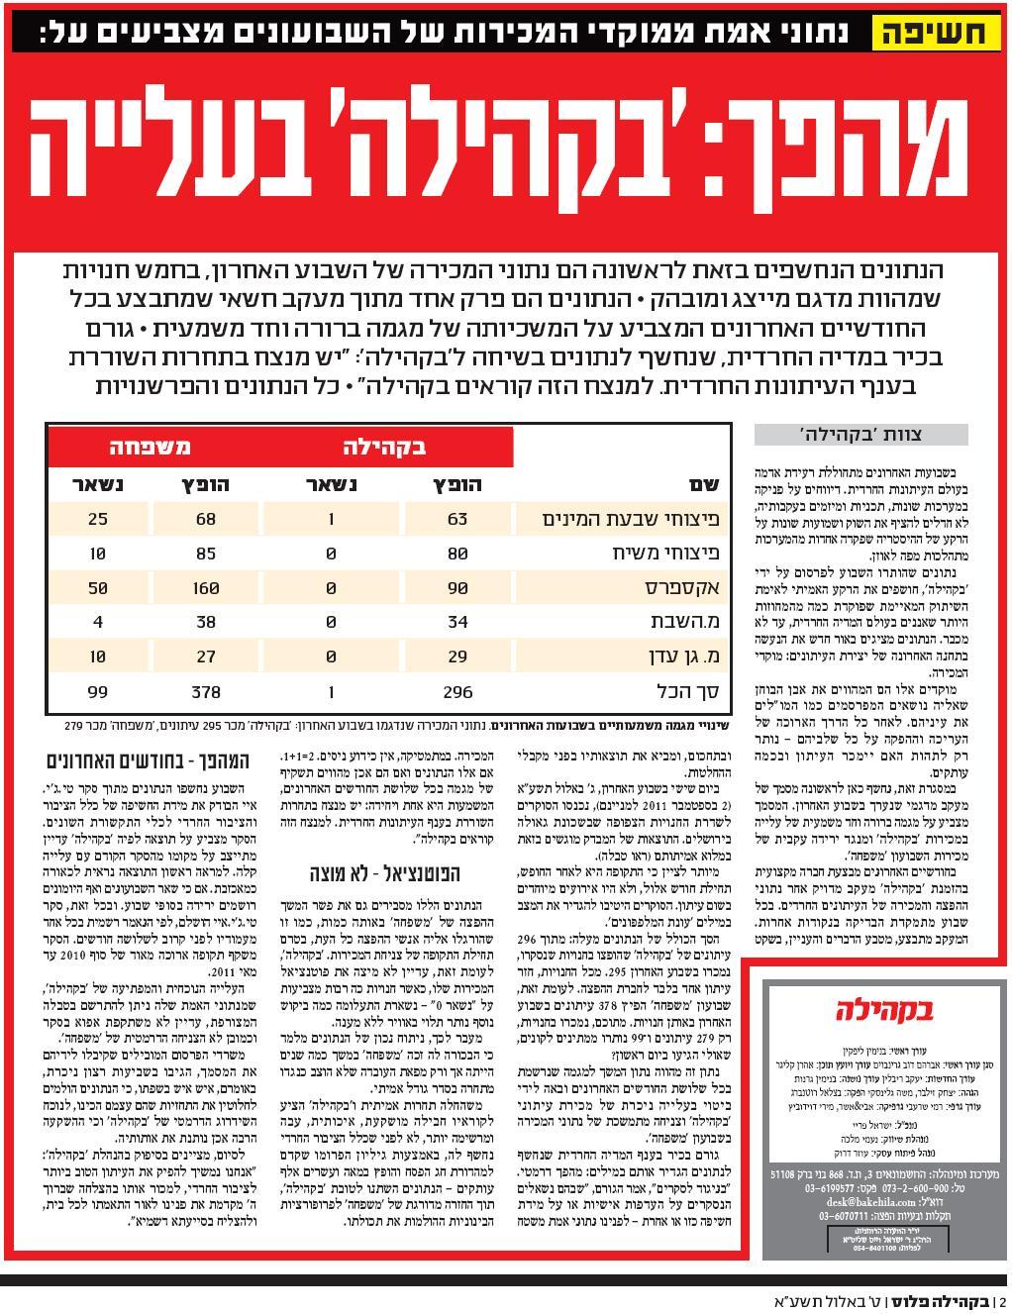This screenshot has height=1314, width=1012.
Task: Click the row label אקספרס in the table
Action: click(683, 587)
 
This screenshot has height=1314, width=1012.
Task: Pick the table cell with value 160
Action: click(205, 587)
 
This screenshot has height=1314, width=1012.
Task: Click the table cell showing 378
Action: click(205, 691)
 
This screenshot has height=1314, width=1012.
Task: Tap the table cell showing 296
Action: click(456, 691)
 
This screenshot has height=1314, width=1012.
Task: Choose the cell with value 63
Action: click(456, 519)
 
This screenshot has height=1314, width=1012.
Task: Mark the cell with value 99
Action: click(96, 691)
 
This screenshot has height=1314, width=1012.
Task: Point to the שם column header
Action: click(702, 484)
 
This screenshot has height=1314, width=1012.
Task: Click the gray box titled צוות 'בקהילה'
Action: click(860, 435)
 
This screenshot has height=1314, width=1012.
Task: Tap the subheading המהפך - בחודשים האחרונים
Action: click(135, 761)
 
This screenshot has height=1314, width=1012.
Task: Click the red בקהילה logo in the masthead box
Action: click(884, 1009)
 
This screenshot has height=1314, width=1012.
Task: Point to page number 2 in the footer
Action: click(1002, 1301)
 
